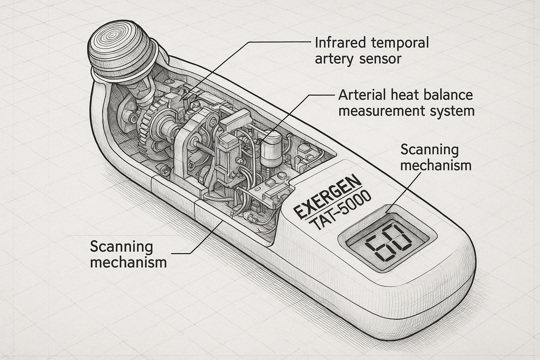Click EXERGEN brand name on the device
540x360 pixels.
tap(327, 197)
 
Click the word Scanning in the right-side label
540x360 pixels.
tap(429, 150)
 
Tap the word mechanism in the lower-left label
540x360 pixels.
tap(128, 262)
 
